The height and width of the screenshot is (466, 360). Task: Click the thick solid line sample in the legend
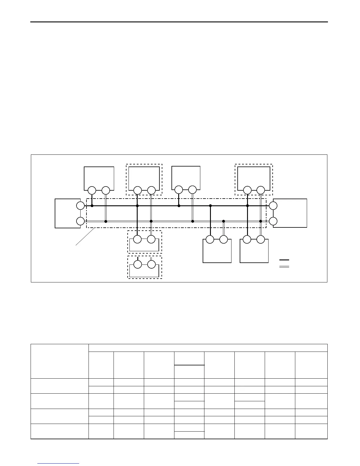click(x=284, y=260)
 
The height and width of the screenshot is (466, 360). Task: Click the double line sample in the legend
click(x=284, y=267)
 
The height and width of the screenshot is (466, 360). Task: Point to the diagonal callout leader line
click(x=85, y=237)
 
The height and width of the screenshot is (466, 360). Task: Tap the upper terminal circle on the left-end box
click(x=80, y=206)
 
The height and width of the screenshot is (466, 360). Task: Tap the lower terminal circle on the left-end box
click(x=80, y=221)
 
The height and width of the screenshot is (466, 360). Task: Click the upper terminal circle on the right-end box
click(x=273, y=206)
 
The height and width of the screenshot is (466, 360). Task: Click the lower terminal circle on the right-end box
click(x=273, y=221)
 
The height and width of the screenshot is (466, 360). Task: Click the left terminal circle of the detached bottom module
click(x=138, y=264)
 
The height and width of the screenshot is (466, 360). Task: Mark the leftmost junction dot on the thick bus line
click(x=92, y=206)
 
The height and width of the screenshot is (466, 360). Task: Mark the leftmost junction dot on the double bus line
click(x=106, y=221)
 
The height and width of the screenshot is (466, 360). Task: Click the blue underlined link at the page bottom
click(x=58, y=464)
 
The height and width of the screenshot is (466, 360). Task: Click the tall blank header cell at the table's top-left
click(x=60, y=361)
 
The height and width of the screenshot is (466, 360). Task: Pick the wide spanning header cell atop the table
click(x=208, y=348)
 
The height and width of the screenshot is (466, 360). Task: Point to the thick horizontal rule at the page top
click(x=179, y=22)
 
